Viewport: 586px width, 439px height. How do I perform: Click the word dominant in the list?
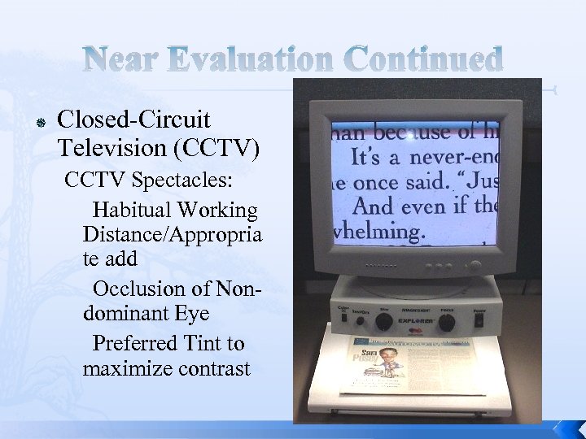[x=126, y=315]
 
